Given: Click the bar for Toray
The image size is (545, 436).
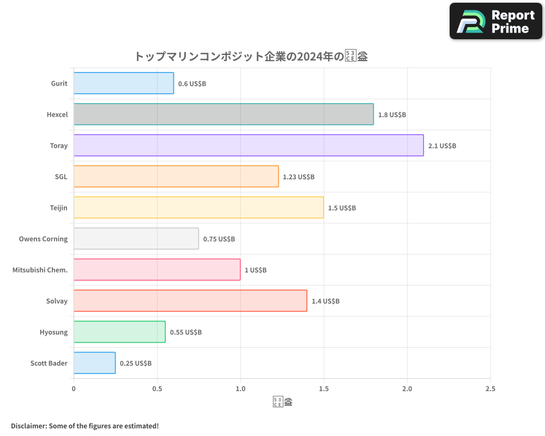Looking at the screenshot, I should (249, 146).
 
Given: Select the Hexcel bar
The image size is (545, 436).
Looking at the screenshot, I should (223, 114).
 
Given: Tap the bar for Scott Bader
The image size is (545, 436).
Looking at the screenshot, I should (94, 363).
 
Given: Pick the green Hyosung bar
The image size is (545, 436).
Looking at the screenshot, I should (119, 332).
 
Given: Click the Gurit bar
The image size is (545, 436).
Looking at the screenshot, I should (124, 83).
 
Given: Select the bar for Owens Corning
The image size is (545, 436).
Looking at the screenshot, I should (136, 239).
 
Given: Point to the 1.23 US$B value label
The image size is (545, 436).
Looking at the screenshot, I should (299, 177).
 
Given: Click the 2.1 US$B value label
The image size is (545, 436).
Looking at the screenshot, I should (442, 146).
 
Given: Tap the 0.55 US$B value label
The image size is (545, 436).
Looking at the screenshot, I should (186, 332).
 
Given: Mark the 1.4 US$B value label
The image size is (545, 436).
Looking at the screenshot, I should (325, 301).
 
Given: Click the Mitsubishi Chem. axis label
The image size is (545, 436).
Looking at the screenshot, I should (40, 270).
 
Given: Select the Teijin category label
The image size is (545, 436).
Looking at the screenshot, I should (58, 208).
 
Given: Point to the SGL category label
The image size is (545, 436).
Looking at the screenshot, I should (61, 177).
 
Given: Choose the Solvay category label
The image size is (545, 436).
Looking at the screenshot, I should (57, 301).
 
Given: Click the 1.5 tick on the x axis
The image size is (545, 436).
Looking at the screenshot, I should (324, 389).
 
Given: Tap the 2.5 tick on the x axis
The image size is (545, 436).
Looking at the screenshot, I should (490, 389).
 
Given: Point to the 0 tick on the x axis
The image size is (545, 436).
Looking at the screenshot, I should (74, 389).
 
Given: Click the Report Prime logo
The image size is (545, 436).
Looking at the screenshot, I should (496, 21).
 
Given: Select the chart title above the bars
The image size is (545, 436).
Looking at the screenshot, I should (251, 56).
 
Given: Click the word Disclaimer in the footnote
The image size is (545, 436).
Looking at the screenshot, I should (29, 426).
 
